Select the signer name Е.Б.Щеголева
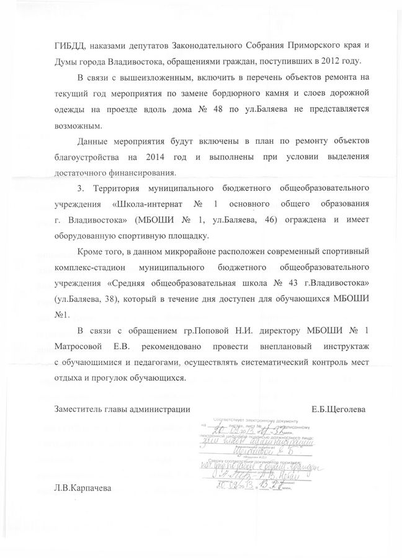[339, 409]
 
